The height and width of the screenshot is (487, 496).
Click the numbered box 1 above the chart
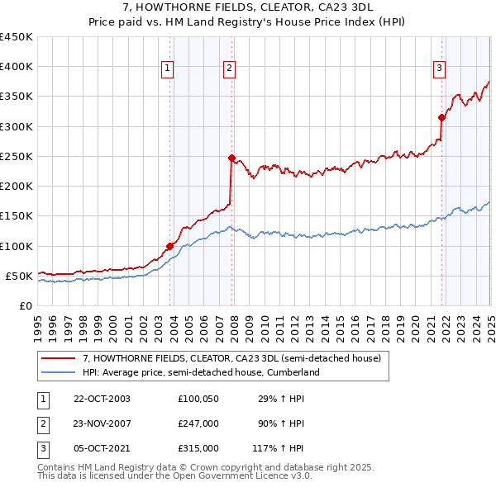click(x=167, y=69)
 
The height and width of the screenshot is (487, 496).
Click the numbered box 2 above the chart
click(x=228, y=69)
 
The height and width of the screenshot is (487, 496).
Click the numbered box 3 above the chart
click(x=439, y=69)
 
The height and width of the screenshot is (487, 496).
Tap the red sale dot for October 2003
click(x=169, y=246)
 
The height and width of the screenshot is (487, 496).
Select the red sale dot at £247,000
click(x=231, y=158)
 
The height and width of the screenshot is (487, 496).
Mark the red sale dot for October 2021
click(x=441, y=117)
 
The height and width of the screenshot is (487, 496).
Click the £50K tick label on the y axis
click(x=19, y=276)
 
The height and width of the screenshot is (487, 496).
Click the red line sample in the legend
click(x=60, y=359)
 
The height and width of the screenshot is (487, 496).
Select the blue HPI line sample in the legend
click(x=60, y=373)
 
